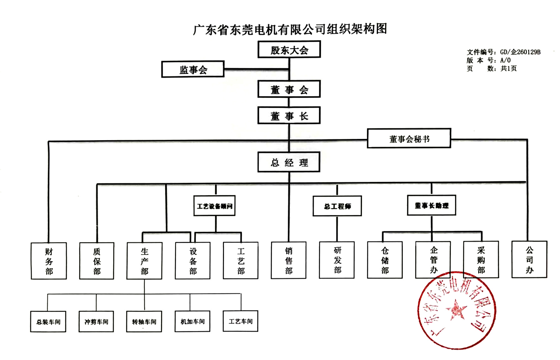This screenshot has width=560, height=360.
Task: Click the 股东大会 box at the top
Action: [x=289, y=50]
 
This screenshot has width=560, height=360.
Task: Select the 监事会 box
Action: [x=193, y=69]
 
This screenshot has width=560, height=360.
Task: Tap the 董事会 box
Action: [x=289, y=89]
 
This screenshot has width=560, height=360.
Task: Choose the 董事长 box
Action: [x=289, y=116]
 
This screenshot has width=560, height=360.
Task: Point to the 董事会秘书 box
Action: [x=409, y=138]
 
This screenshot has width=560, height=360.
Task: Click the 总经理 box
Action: [x=289, y=162]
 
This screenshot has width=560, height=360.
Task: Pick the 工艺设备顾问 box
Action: [x=214, y=206]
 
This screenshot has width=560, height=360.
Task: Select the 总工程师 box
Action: [x=337, y=206]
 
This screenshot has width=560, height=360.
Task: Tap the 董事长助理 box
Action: [x=431, y=205]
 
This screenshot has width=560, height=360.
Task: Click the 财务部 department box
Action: [x=49, y=261]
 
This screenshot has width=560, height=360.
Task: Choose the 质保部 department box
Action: [x=97, y=261]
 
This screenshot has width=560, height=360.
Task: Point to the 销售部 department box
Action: [x=289, y=260]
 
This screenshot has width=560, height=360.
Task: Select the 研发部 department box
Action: [x=337, y=260]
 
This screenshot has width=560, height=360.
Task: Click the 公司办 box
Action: [x=529, y=260]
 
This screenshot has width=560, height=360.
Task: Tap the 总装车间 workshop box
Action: [x=48, y=322]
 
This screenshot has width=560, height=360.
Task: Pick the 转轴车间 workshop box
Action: [x=144, y=322]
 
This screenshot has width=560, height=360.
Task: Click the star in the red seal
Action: [x=456, y=310]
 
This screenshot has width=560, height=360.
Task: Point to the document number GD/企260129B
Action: [x=520, y=52]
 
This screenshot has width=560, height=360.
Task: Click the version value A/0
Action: [x=505, y=60]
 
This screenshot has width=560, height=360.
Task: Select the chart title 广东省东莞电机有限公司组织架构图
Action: [x=290, y=29]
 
